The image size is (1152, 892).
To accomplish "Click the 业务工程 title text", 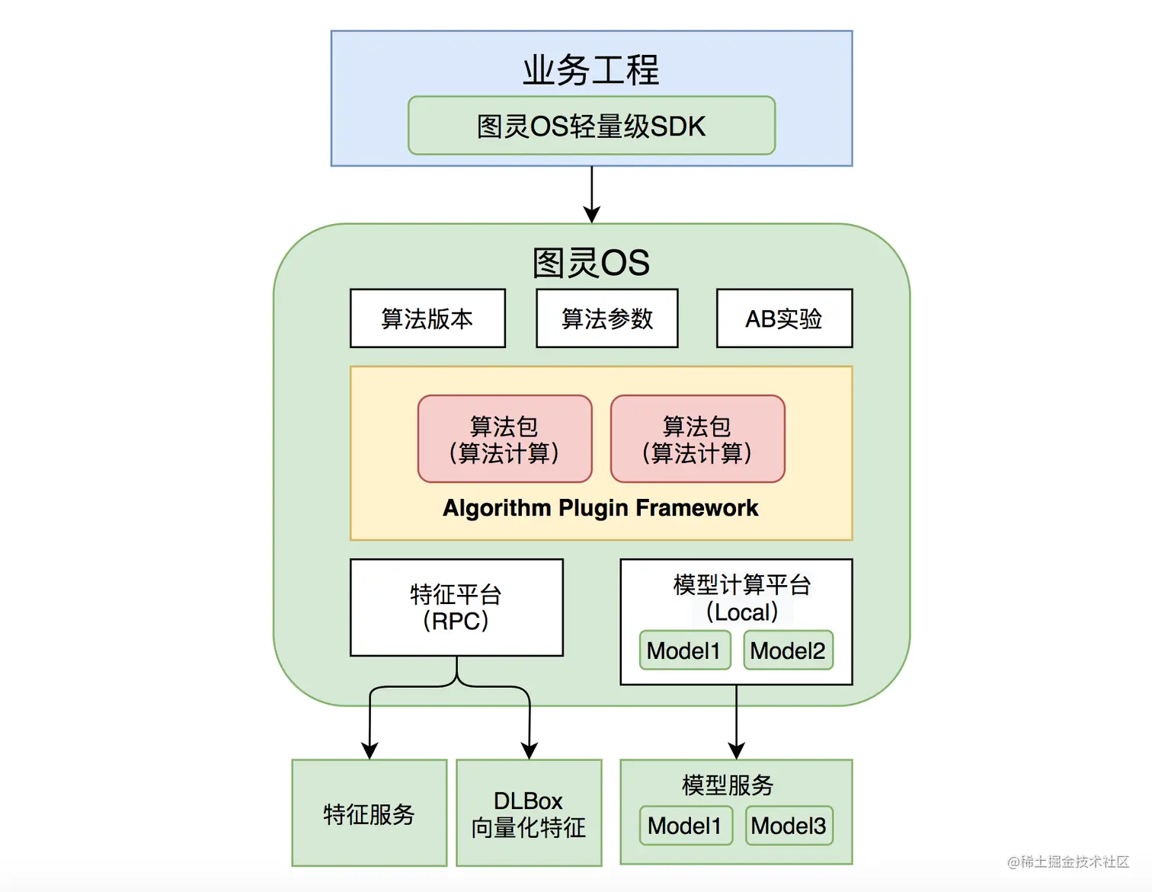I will pyautogui.click(x=590, y=70).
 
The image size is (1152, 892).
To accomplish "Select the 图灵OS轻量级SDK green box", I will pyautogui.click(x=591, y=126).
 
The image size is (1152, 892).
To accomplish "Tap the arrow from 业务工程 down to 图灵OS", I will pyautogui.click(x=592, y=194).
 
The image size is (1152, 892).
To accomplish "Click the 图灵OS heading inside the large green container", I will pyautogui.click(x=590, y=263).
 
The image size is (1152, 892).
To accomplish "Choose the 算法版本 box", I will pyautogui.click(x=427, y=318).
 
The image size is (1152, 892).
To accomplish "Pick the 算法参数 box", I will pyautogui.click(x=607, y=318).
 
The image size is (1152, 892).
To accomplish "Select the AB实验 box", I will pyautogui.click(x=784, y=318).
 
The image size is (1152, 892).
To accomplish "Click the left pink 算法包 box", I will pyautogui.click(x=504, y=439).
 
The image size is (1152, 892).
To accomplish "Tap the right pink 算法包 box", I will pyautogui.click(x=697, y=439).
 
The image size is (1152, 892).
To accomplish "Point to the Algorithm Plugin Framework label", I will pyautogui.click(x=600, y=508).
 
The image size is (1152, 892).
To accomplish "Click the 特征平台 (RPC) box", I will pyautogui.click(x=456, y=608).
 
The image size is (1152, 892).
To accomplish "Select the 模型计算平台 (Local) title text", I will pyautogui.click(x=741, y=598).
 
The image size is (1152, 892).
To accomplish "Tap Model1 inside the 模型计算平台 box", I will pyautogui.click(x=684, y=651).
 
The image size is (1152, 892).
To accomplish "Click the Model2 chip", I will pyautogui.click(x=788, y=651).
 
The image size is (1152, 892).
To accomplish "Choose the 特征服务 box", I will pyautogui.click(x=370, y=813).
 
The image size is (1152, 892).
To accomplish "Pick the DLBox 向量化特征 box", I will pyautogui.click(x=529, y=813).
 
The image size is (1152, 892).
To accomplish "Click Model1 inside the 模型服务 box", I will pyautogui.click(x=685, y=826).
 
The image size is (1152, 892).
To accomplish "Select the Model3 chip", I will pyautogui.click(x=789, y=826).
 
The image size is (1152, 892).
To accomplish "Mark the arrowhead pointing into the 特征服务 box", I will pyautogui.click(x=370, y=751).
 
